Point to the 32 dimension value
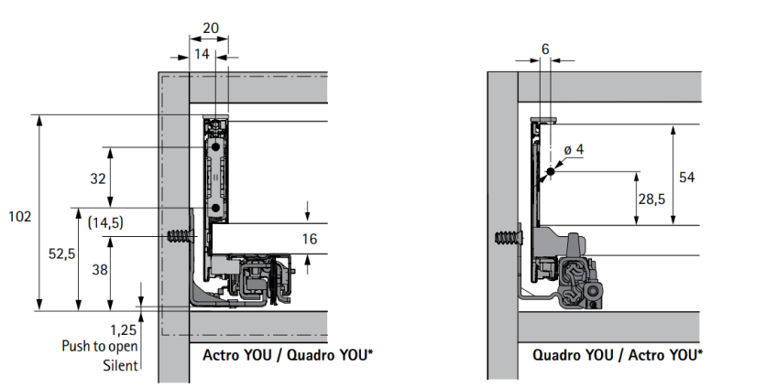coord(98,178)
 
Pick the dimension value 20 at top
coord(211,28)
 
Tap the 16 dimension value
coord(309,240)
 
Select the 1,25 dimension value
coord(123,329)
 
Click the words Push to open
coord(100,346)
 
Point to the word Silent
coord(120,365)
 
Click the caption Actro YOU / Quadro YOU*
coord(287,354)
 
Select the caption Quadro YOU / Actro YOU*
coord(618,354)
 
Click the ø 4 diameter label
coord(574,149)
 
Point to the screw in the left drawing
coord(183,236)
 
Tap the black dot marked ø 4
coord(551,172)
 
